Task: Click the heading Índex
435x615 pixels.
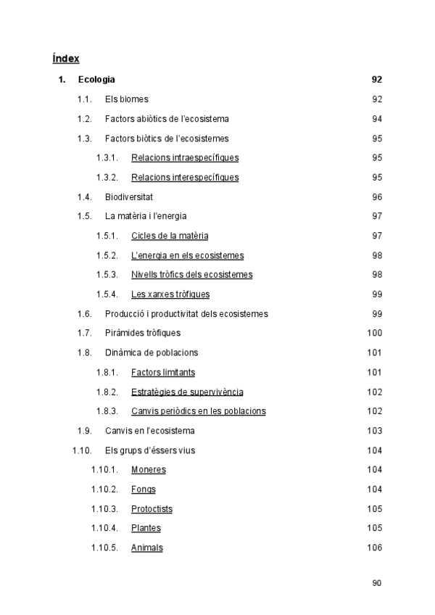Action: [x=66, y=58]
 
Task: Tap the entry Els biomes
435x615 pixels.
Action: [x=126, y=99]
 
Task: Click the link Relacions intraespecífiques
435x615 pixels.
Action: [x=185, y=157]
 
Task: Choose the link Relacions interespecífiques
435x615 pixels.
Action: [x=185, y=177]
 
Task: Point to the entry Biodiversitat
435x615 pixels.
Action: [x=128, y=197]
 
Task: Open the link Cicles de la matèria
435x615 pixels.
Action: [x=170, y=236]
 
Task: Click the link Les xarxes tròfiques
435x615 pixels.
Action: [x=170, y=294]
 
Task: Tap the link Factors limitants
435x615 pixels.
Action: [x=163, y=372]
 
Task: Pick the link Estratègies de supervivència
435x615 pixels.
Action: [x=187, y=392]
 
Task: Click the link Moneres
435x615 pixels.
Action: [x=149, y=470]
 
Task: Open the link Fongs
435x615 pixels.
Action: [x=144, y=490]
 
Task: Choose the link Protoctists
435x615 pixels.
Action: [x=152, y=509]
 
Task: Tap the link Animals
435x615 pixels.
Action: [x=147, y=548]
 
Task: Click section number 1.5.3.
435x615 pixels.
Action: [x=107, y=275]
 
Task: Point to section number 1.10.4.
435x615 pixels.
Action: [x=104, y=528]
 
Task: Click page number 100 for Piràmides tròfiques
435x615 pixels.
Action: [x=374, y=333]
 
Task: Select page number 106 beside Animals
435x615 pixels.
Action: [x=374, y=548]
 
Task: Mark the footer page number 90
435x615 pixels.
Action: [x=376, y=582]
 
